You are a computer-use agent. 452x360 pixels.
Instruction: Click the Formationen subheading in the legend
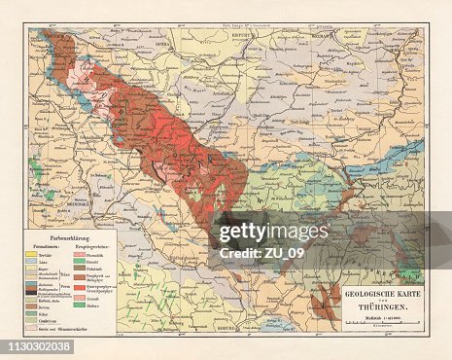click(x=49, y=244)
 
